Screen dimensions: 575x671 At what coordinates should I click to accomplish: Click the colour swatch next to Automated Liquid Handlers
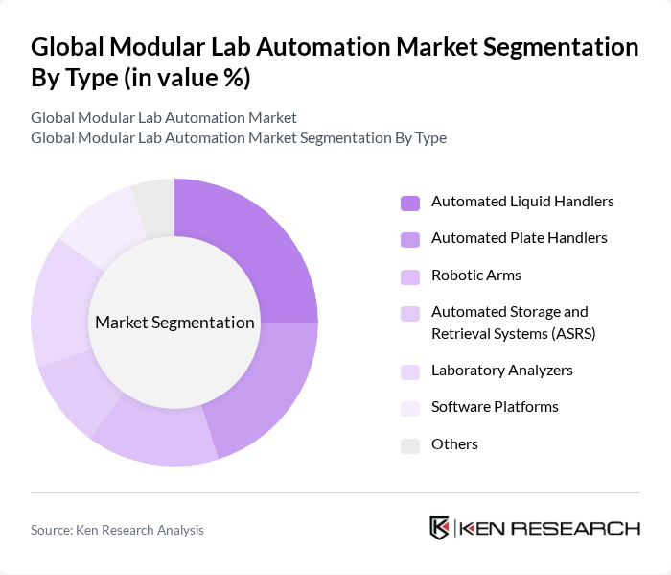point(410,203)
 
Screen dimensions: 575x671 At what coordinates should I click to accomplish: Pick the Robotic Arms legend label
point(476,276)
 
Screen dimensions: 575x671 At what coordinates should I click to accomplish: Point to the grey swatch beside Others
point(410,445)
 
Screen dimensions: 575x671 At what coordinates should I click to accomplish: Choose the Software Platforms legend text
point(495,407)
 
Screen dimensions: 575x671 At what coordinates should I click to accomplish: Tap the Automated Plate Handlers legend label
point(519,238)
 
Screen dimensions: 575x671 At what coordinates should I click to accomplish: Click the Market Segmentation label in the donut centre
point(174,323)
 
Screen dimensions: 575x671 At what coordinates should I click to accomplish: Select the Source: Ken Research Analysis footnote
point(117,530)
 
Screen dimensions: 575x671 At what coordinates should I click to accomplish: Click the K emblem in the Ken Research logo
point(439,528)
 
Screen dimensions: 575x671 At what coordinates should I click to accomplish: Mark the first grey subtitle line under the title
point(163,117)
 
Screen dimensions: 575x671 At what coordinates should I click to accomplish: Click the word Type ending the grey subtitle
point(429,137)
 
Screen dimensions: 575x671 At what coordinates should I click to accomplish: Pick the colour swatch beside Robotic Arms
point(410,276)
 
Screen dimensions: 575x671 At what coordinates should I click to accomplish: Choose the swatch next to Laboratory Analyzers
point(410,371)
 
